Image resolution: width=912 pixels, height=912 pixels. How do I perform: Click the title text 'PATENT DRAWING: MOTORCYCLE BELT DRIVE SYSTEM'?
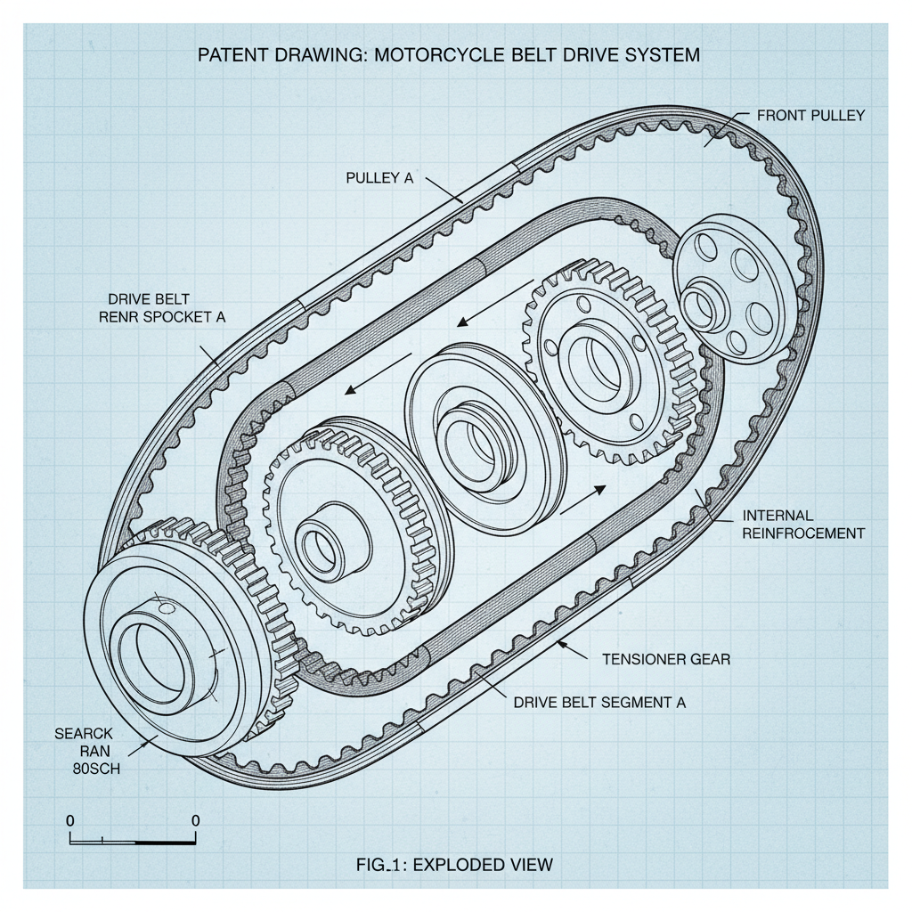point(447,55)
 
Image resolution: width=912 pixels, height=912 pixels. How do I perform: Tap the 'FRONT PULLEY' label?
point(810,116)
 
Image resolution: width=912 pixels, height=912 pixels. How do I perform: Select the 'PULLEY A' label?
point(379,178)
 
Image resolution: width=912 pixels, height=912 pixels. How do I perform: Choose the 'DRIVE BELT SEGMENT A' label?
point(599,702)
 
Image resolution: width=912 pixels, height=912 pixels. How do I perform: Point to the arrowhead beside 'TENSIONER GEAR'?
point(561,642)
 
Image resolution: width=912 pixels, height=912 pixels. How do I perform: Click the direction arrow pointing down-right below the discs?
point(583,500)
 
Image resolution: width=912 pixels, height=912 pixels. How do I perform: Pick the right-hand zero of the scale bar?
point(195,820)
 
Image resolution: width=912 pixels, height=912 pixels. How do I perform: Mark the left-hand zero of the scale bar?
point(70,820)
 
